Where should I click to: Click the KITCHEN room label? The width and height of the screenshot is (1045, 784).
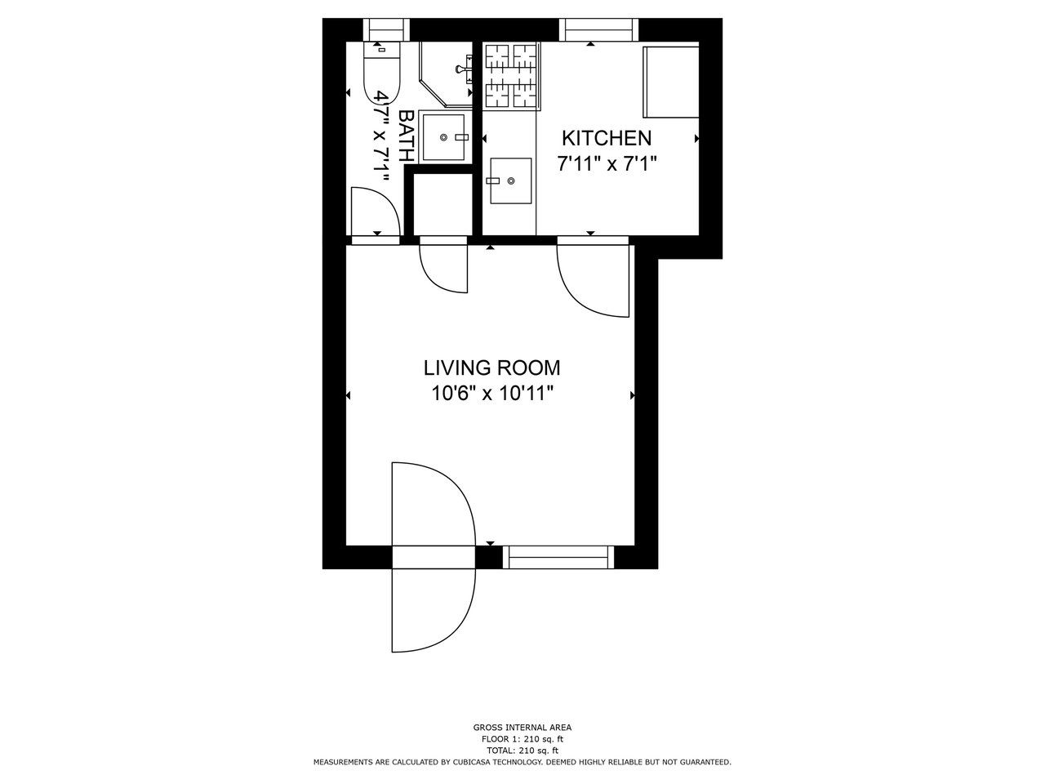tap(606, 138)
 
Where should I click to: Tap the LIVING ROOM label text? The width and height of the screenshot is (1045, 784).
tap(491, 368)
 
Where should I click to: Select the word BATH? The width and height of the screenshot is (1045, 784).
tap(405, 136)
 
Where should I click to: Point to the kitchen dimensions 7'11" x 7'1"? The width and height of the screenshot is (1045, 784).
tap(607, 164)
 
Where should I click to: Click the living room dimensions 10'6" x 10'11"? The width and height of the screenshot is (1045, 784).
tap(492, 394)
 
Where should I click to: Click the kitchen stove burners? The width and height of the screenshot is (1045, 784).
tap(512, 76)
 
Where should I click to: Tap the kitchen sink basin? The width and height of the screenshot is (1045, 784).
tap(511, 180)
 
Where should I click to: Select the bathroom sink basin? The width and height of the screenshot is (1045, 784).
tap(443, 137)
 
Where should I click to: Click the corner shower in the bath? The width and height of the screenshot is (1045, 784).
tap(446, 73)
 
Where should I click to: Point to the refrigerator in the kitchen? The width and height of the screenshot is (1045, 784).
tap(671, 82)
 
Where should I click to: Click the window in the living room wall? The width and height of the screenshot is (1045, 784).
tap(558, 558)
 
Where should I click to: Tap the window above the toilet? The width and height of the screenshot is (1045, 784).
tap(387, 30)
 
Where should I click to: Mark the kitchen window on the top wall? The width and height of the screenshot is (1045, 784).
tap(598, 30)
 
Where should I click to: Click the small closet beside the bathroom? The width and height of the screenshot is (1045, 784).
tap(442, 203)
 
